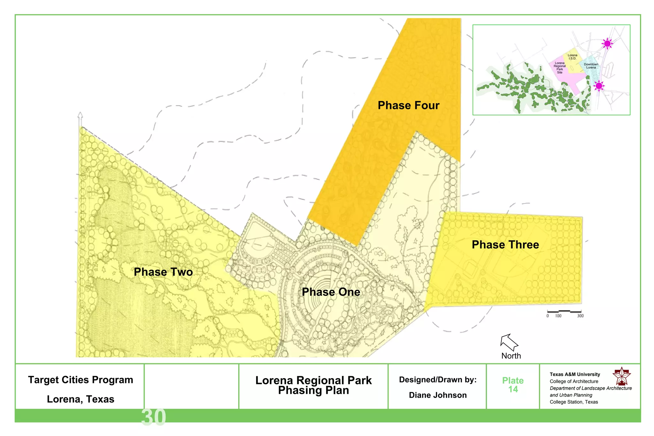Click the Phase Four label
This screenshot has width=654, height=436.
point(408,105)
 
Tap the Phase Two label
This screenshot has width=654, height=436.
point(163,272)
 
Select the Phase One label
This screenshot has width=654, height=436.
point(331,292)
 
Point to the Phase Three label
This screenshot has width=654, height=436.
point(505,245)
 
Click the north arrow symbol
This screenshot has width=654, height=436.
point(509,342)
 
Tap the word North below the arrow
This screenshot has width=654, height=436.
point(511,356)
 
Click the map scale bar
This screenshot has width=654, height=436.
point(564,311)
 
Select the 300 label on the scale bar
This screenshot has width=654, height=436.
point(580,316)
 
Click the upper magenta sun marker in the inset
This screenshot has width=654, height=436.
point(607,43)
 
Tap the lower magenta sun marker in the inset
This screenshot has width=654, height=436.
point(599,86)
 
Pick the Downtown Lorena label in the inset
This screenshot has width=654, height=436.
point(591,66)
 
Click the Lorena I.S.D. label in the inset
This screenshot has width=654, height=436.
point(572,57)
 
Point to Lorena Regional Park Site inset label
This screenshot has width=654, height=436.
point(559,68)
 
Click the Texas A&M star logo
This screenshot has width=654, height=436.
point(621,376)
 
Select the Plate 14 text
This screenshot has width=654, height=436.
point(513,385)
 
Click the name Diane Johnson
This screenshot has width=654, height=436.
point(438,395)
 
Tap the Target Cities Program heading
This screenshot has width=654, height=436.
point(80,380)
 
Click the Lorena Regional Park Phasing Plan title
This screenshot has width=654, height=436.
point(314,385)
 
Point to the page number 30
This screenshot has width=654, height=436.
point(154,417)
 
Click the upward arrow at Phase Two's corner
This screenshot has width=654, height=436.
point(80,119)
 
